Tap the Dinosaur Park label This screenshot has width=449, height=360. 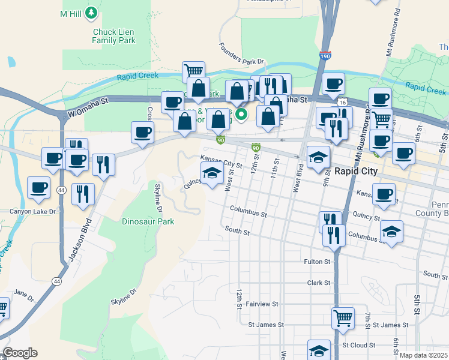point(148,221)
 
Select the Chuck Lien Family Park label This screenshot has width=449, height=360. point(114,37)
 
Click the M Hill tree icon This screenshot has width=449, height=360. point(91,12)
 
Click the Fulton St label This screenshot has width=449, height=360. point(318,262)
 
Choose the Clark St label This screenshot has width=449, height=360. point(319,283)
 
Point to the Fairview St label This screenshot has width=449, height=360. point(261,304)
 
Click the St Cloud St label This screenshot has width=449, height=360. point(358,346)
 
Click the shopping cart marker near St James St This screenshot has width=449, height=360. point(343,318)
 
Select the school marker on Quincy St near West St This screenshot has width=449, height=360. point(211,174)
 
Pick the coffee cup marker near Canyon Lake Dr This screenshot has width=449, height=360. point(39,187)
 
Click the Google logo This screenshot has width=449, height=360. point(20,353)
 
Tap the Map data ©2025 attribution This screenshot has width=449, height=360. point(423,355)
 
